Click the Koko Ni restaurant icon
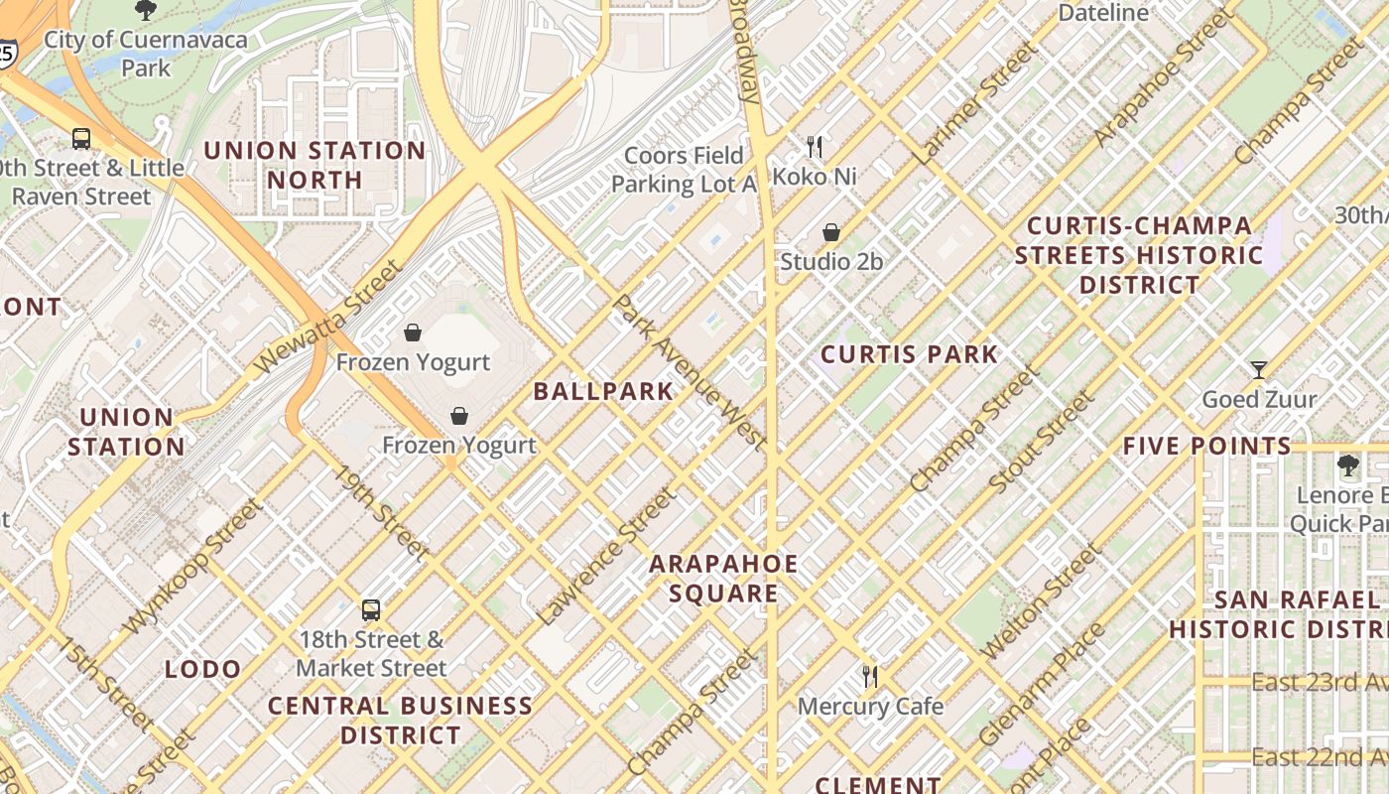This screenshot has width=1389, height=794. point(815,147)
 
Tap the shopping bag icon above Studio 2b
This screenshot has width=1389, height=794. point(831,232)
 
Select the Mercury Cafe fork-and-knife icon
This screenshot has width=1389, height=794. point(870,677)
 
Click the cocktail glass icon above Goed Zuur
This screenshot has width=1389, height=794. point(1258,370)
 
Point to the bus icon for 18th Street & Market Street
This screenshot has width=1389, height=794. point(370,609)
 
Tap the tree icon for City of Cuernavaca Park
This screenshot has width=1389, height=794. point(146,11)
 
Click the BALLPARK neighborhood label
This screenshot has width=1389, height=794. point(603,391)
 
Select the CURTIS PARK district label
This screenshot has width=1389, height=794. point(909,354)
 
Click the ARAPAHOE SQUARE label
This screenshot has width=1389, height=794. point(722,579)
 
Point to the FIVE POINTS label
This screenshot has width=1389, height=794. point(1206,447)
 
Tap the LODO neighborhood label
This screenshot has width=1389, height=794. point(203,669)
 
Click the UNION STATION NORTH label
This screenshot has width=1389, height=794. point(315,165)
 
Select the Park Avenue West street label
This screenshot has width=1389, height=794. point(690,371)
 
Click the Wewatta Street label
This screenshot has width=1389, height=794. point(328,317)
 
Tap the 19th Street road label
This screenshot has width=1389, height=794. point(382,513)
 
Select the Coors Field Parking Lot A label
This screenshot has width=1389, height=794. point(683,170)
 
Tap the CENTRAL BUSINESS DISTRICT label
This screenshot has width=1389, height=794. point(400,721)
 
